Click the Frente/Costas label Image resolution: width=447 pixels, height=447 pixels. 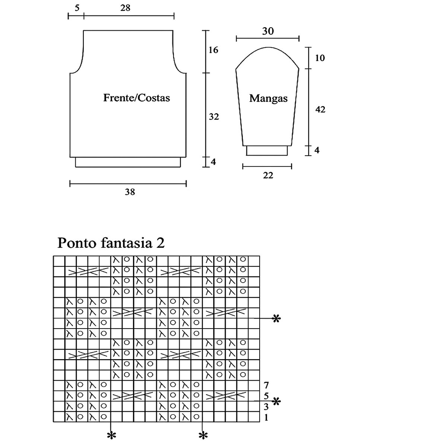[x=136, y=98]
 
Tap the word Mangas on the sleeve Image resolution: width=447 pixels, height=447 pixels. [x=268, y=98]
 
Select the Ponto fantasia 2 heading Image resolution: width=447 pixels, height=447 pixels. [x=111, y=243]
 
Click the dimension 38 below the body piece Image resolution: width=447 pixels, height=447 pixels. [x=130, y=192]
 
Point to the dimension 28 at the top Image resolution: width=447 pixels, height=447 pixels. [x=125, y=7]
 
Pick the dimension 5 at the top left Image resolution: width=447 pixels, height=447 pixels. [x=77, y=7]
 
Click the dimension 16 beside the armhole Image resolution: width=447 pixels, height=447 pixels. [x=213, y=50]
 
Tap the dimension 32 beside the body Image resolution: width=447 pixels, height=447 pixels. [x=213, y=117]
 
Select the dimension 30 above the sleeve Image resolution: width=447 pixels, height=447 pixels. [x=268, y=31]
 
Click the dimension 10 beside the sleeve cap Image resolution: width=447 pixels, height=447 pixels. [x=320, y=58]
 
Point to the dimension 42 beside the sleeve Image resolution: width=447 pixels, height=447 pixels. [x=320, y=110]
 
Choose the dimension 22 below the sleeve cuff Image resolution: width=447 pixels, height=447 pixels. [x=268, y=175]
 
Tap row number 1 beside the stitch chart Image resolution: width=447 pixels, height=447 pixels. [x=266, y=418]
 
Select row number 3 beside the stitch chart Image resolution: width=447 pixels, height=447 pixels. [x=266, y=407]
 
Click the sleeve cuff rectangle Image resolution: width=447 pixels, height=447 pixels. [x=267, y=150]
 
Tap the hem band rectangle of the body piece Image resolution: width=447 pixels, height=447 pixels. [x=128, y=162]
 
